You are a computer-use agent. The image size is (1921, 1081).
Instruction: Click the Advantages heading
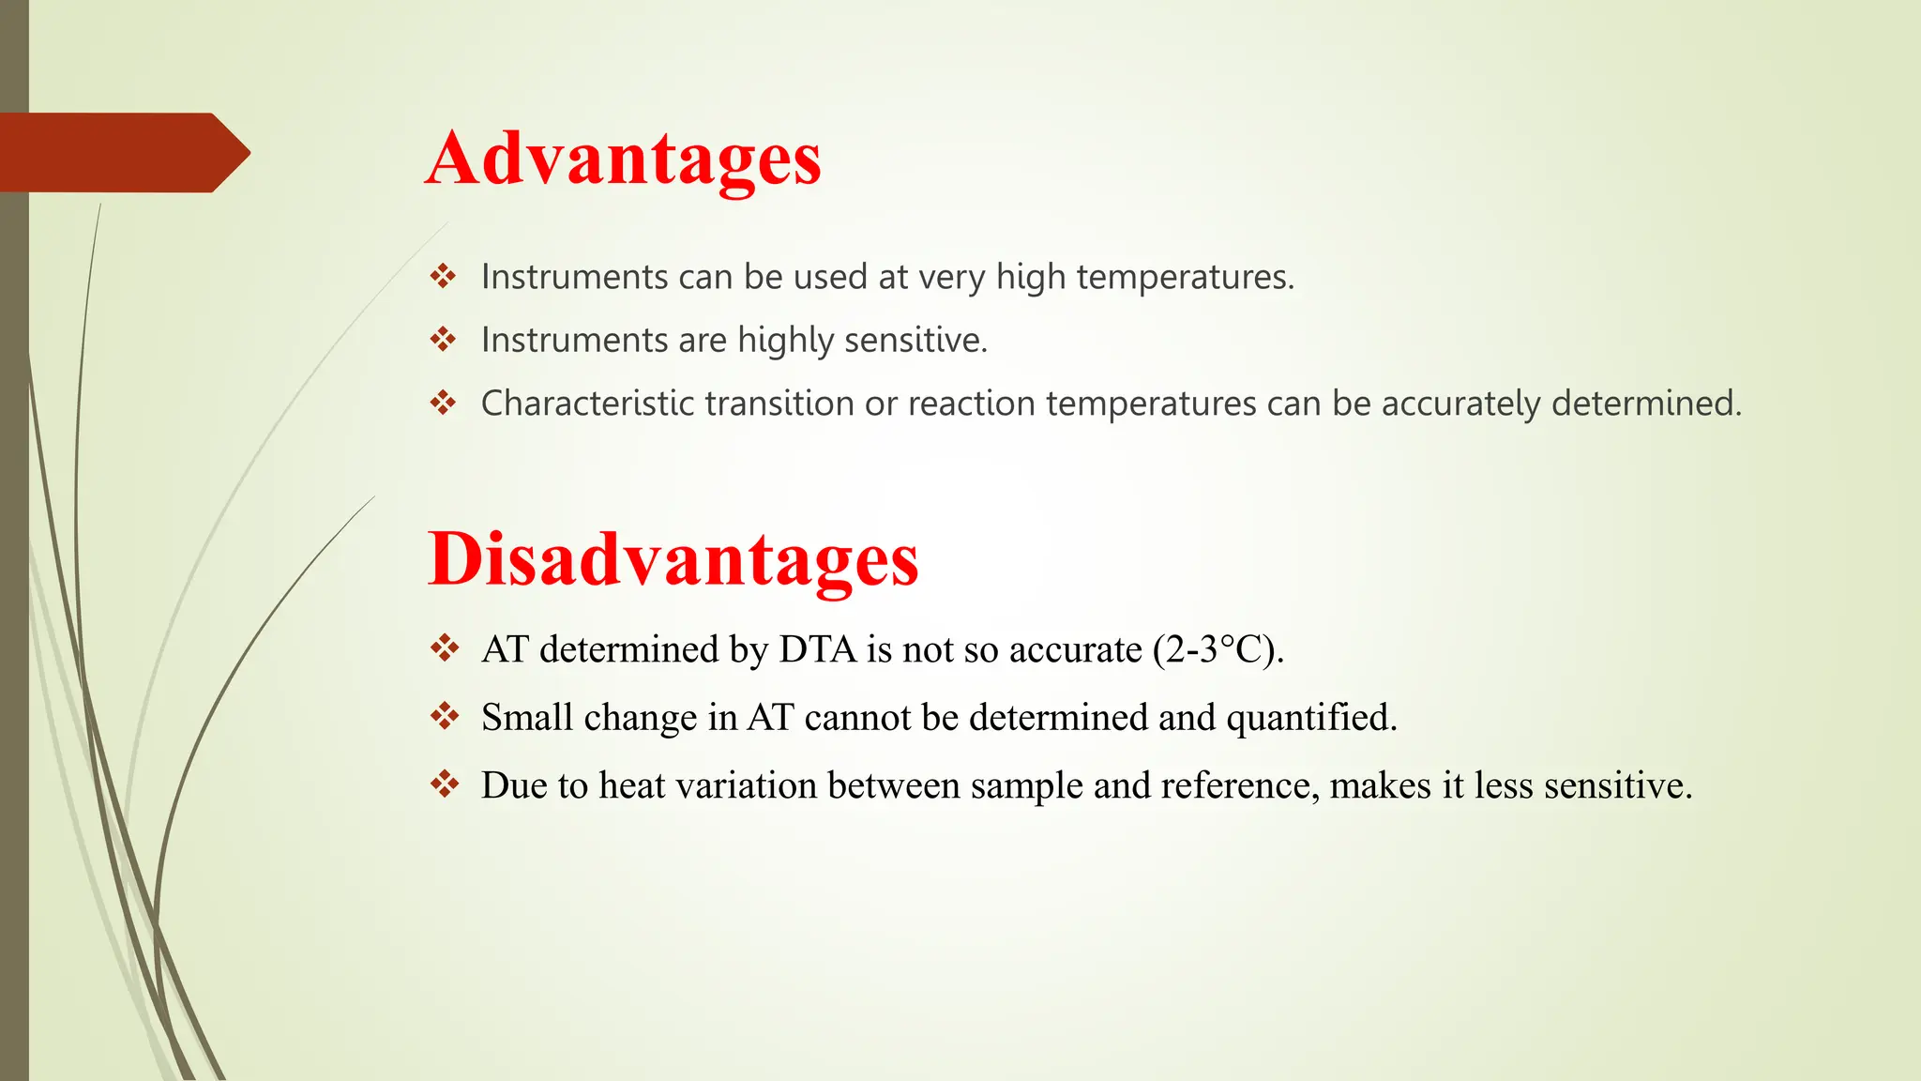(623, 160)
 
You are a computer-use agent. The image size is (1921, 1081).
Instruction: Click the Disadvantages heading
(673, 560)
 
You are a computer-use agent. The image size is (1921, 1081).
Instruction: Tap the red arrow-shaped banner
(122, 153)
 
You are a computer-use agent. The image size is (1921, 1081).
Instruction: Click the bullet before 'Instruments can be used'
(443, 276)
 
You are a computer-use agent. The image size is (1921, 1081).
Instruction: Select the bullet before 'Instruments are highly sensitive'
(443, 339)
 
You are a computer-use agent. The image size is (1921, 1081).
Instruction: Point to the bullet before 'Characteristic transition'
(443, 403)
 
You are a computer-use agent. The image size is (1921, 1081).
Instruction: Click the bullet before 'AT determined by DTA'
(444, 648)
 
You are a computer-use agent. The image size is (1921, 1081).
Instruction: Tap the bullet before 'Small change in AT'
(444, 717)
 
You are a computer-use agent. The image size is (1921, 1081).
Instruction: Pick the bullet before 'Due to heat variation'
(444, 784)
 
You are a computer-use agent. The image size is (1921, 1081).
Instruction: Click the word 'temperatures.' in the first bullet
(1185, 278)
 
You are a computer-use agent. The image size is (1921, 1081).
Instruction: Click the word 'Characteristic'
(587, 403)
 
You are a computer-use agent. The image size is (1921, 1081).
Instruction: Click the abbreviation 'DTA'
(817, 649)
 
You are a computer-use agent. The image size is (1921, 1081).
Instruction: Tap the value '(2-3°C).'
(1218, 649)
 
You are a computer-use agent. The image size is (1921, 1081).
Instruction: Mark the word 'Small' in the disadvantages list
(526, 718)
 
